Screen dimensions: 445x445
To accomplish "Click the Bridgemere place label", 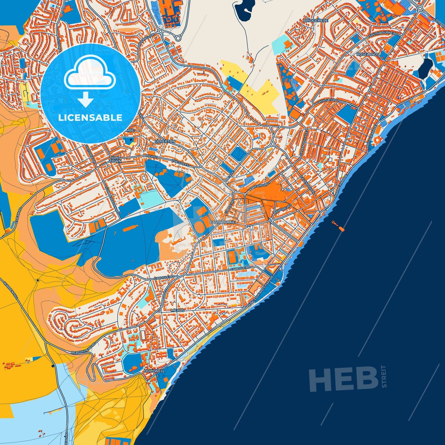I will pyautogui.click(x=316, y=20).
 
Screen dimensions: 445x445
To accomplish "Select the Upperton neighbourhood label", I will pyautogui.click(x=165, y=141).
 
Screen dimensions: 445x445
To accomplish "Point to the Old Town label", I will pyautogui.click(x=115, y=160).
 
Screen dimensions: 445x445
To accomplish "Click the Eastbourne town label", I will pyautogui.click(x=222, y=222).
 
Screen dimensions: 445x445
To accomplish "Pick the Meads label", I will pyautogui.click(x=178, y=310).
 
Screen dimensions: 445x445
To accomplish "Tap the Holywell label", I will pyautogui.click(x=154, y=371).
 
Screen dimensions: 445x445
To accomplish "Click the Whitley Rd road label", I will pyautogui.click(x=328, y=101).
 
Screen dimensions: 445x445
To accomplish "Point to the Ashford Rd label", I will pyautogui.click(x=257, y=187).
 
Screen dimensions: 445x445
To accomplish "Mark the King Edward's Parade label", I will pyautogui.click(x=261, y=290).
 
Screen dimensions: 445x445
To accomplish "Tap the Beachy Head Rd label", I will pyautogui.click(x=83, y=348).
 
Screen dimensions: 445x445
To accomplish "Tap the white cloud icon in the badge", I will pyautogui.click(x=90, y=72).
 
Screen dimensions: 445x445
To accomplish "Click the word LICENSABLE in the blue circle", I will pyautogui.click(x=90, y=118).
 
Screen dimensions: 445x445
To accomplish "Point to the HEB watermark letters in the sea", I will pyautogui.click(x=343, y=379).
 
